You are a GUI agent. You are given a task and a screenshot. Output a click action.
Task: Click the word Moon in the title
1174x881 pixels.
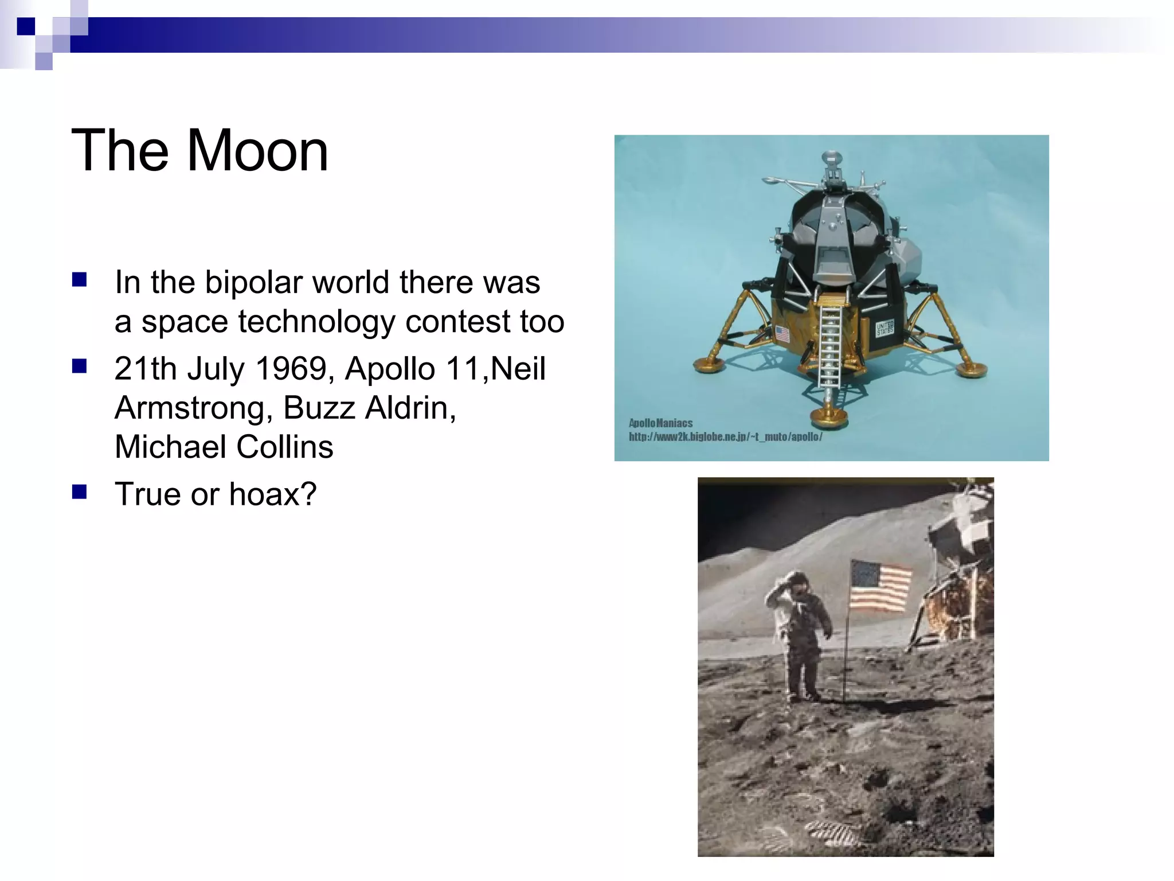[257, 150]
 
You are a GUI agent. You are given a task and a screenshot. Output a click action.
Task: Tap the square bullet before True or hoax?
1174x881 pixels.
[79, 492]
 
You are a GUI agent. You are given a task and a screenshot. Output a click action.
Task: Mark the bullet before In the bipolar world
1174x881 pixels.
[79, 280]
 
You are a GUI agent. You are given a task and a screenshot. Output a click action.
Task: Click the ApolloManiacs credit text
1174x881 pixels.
[660, 423]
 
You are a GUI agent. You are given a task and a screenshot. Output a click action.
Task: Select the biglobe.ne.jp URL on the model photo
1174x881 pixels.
[725, 437]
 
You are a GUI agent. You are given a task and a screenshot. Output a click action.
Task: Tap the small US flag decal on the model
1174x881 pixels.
[782, 334]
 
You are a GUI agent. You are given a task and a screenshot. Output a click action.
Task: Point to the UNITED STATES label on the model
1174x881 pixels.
[884, 328]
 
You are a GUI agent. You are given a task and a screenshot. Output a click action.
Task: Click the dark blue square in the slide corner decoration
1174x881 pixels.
[26, 26]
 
